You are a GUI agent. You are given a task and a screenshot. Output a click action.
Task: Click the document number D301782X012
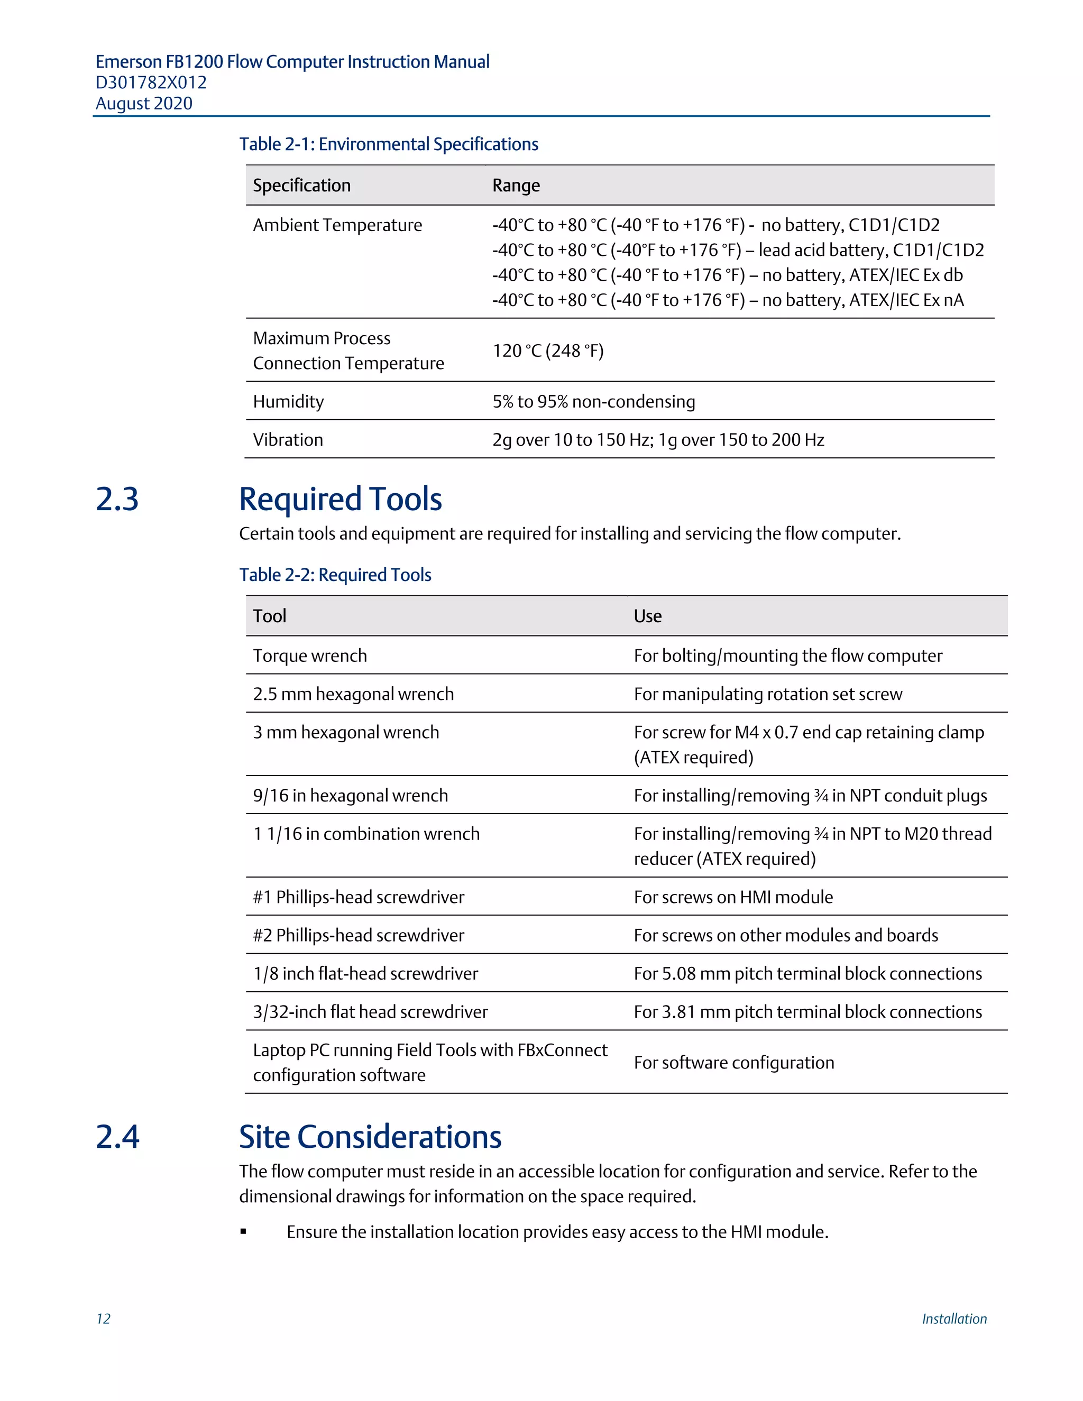tap(151, 83)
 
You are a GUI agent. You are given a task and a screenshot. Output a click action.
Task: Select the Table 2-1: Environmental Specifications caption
tap(388, 144)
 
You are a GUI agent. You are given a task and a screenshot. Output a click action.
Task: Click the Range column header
tap(516, 186)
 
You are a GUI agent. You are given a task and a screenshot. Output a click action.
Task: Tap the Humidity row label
tap(288, 402)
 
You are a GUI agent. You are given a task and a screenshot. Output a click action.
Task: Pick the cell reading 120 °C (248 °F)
tap(548, 351)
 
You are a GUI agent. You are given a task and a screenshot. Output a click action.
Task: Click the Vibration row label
tap(288, 440)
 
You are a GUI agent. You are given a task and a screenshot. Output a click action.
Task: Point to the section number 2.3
tap(117, 499)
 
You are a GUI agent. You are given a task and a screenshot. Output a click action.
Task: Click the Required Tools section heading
tap(340, 499)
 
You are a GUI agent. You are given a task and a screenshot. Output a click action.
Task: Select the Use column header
tap(647, 616)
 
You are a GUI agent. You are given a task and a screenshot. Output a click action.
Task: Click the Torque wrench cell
tap(310, 656)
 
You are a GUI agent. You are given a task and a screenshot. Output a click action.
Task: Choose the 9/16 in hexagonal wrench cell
tap(350, 796)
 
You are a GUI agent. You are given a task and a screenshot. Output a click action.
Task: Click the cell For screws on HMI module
tap(733, 897)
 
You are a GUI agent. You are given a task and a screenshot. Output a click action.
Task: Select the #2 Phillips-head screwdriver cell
tap(358, 935)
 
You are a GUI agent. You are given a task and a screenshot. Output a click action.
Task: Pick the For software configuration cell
tap(733, 1063)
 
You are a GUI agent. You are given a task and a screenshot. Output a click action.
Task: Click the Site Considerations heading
tap(370, 1137)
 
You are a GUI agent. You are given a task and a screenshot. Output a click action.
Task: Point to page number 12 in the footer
tap(103, 1319)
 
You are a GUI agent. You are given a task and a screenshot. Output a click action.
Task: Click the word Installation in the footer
tap(954, 1319)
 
